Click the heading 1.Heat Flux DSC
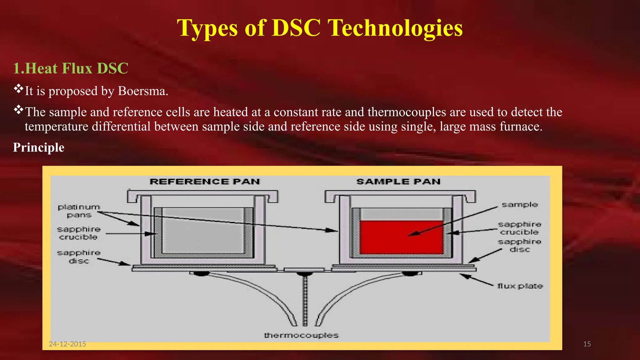coord(71,68)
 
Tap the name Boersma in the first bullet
coord(142,91)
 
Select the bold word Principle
coord(38,147)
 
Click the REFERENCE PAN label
coord(205,182)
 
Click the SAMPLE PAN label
coord(398,182)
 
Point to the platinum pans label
coord(79,211)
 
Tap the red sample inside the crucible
coord(401,237)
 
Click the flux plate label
coord(520,286)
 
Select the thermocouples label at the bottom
coord(301,335)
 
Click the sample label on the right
coord(520,205)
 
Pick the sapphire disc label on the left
coord(79,257)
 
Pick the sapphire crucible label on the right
coord(519,228)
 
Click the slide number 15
coord(587,344)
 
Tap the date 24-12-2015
coord(67,344)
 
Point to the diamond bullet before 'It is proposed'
coord(18,89)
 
